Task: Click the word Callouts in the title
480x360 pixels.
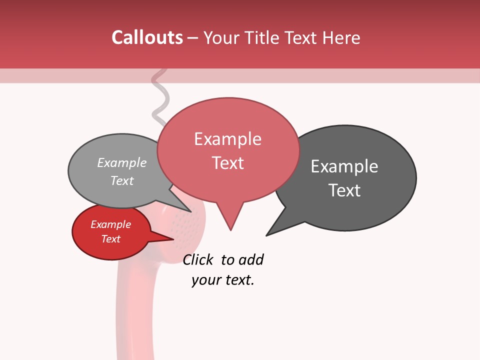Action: point(147,37)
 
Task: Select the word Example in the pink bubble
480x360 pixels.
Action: point(227,139)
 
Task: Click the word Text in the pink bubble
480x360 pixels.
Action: point(227,163)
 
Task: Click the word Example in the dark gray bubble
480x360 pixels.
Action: point(344,166)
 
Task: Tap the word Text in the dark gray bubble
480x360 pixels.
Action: point(344,190)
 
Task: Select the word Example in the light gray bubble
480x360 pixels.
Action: point(121,162)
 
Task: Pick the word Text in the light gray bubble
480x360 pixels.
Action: point(121,180)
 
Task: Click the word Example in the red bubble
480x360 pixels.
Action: point(110,224)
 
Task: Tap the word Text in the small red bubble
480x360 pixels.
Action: point(110,239)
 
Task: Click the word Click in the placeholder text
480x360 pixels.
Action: point(197,259)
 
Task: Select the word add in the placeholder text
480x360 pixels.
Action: point(250,259)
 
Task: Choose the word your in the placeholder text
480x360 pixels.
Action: point(203,280)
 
